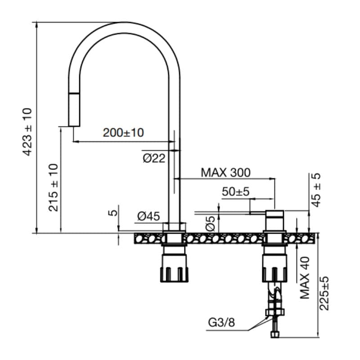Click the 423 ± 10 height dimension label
[27, 131]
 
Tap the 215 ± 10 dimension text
[53, 187]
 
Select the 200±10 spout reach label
[123, 133]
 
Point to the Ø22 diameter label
[154, 158]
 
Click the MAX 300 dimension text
[226, 173]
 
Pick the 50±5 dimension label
[235, 192]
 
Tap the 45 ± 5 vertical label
[316, 190]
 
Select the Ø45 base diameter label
[148, 216]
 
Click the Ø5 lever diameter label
[210, 223]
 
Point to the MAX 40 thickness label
[305, 278]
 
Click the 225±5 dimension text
[324, 293]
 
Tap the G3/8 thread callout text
[221, 322]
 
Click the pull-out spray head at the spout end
[74, 110]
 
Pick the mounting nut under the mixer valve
[274, 265]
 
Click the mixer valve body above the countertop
[274, 220]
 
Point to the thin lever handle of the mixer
[257, 213]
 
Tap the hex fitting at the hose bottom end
[275, 334]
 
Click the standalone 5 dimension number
[112, 213]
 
